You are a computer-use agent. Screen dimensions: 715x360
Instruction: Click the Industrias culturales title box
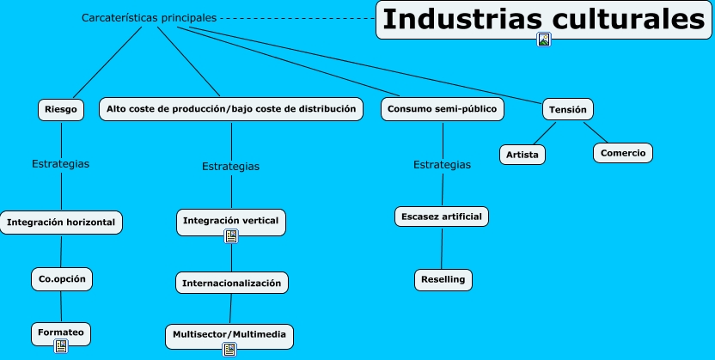click(543, 18)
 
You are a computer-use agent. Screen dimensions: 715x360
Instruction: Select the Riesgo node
click(61, 109)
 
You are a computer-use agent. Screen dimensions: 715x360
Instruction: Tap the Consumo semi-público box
click(442, 109)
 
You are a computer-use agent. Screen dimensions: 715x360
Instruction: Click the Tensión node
click(567, 109)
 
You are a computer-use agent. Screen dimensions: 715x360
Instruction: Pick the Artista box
click(522, 154)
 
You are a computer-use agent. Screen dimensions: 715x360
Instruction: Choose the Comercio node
click(623, 153)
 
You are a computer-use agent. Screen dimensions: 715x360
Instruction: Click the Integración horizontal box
click(61, 222)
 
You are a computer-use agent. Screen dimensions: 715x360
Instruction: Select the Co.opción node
click(61, 279)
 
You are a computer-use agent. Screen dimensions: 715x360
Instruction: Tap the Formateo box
click(60, 331)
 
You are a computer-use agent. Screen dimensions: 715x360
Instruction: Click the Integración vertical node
click(230, 220)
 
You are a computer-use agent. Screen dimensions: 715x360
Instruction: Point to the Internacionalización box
click(231, 283)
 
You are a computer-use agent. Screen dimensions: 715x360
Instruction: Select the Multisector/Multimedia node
click(229, 333)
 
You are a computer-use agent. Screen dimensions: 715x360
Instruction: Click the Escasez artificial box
click(442, 217)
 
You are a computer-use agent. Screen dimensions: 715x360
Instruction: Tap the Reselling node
click(443, 279)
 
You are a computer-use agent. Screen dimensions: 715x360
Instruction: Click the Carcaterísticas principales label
click(149, 17)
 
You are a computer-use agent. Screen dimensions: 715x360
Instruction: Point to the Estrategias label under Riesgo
click(60, 163)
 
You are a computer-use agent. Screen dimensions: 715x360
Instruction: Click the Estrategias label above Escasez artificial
click(442, 165)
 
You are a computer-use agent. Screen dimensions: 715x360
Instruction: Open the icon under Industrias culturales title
click(543, 40)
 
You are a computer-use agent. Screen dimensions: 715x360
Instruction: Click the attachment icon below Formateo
click(61, 346)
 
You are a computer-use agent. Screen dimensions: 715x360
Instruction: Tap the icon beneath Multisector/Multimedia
click(229, 349)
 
